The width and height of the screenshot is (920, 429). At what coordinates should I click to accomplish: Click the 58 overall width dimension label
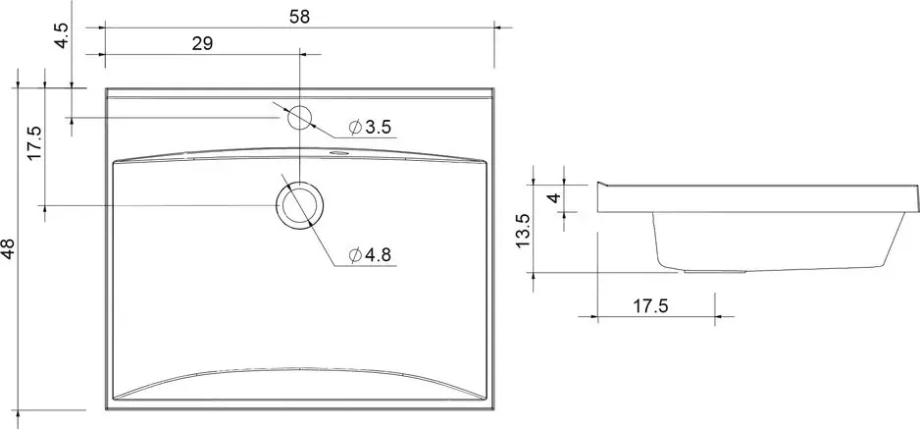click(299, 17)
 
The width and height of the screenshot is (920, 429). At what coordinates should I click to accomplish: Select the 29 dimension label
click(202, 44)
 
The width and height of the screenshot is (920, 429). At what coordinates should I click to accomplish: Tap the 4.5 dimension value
click(63, 35)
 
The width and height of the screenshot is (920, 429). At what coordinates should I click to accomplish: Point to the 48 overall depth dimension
click(8, 248)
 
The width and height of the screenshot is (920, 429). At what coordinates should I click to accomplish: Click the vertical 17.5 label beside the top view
click(34, 143)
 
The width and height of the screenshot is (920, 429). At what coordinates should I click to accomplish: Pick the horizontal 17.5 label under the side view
click(650, 305)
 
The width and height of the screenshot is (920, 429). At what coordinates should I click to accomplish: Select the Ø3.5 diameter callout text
click(370, 127)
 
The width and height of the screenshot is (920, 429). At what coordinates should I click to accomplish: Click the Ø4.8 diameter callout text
click(370, 254)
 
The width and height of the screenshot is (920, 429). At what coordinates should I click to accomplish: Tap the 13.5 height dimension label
click(524, 232)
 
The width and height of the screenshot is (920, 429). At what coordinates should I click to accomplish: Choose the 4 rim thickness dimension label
click(554, 197)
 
